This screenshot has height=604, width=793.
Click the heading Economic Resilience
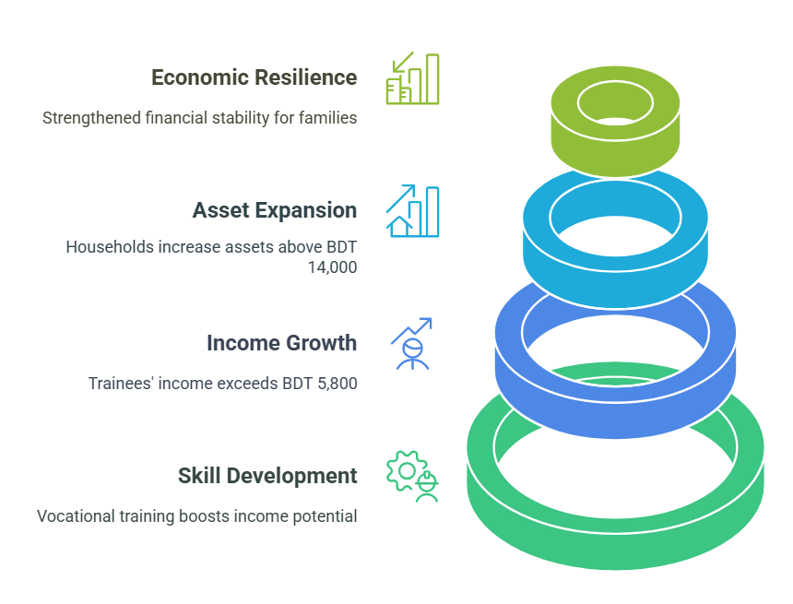pyautogui.click(x=254, y=77)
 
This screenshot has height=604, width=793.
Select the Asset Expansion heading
pyautogui.click(x=275, y=210)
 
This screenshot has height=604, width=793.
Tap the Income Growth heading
pyautogui.click(x=281, y=343)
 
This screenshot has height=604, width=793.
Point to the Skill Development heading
pyautogui.click(x=267, y=476)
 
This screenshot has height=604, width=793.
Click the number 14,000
pyautogui.click(x=332, y=267)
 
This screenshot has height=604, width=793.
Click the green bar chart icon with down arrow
pyautogui.click(x=413, y=78)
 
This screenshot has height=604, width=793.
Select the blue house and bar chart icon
pyautogui.click(x=413, y=211)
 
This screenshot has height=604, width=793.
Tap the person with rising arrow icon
pyautogui.click(x=412, y=344)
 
